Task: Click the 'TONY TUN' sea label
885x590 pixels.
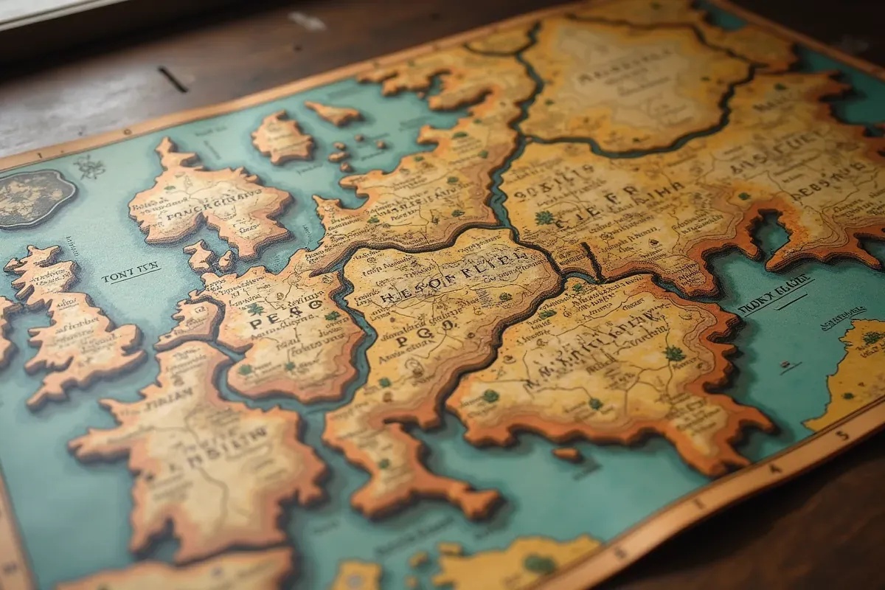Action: [x=131, y=274]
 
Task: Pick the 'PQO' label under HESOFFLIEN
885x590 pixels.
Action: [x=413, y=340]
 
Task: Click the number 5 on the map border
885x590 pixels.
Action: [x=843, y=436]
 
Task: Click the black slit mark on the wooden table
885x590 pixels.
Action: [x=173, y=79]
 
